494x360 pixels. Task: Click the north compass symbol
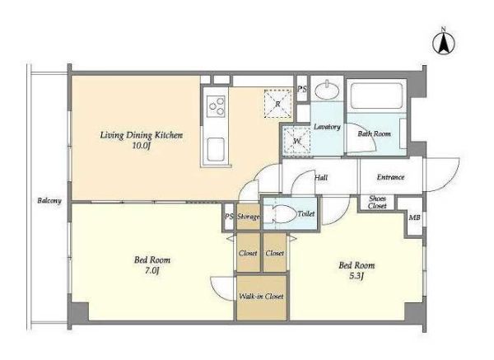coord(444,43)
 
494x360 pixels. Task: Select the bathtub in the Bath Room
coord(376,96)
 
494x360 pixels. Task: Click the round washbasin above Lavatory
coord(327,91)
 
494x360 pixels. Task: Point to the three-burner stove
coord(216,106)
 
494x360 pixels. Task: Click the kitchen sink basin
coord(216,149)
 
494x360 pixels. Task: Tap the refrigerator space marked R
coord(277,104)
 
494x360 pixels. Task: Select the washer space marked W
coord(296,141)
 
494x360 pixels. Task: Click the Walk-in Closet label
coord(261,297)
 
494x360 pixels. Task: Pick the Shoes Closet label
coord(377,202)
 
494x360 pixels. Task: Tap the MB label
coord(414,217)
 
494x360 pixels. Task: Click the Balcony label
coord(49,200)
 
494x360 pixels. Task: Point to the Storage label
coord(249,217)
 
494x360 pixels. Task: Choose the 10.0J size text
coord(141,146)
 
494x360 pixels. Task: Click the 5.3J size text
coord(357,276)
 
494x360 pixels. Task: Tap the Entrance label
coord(390,177)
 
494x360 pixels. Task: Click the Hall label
coord(321,177)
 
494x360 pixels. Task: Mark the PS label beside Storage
coord(229,217)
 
